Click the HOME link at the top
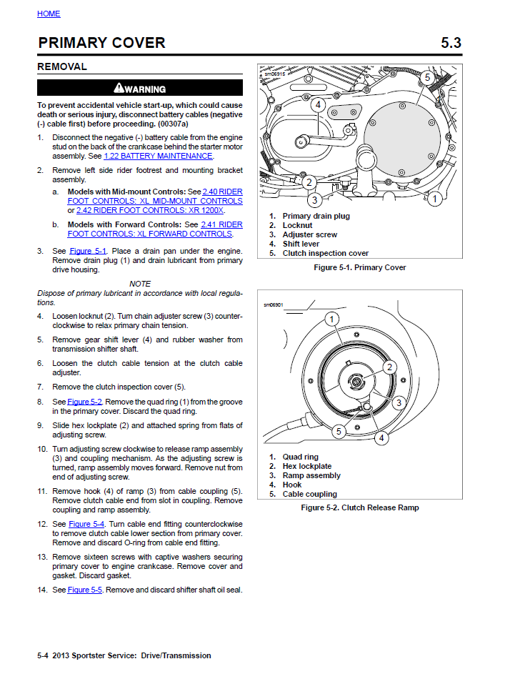[x=49, y=14]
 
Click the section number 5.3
[x=451, y=43]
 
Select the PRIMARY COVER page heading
[x=101, y=43]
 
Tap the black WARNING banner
[x=140, y=89]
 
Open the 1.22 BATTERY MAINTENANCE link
[x=158, y=156]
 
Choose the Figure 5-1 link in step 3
[x=87, y=251]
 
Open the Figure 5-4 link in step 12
[x=87, y=524]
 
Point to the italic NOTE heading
[x=140, y=284]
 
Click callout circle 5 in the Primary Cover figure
[x=426, y=77]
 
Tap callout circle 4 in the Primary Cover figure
[x=318, y=105]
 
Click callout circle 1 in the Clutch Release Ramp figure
[x=332, y=318]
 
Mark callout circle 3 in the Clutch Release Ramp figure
[x=399, y=402]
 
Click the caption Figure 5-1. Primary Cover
[x=359, y=267]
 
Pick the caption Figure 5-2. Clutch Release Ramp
[x=359, y=507]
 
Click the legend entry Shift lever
[x=301, y=244]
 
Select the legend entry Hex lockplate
[x=307, y=466]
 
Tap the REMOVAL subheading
[x=62, y=66]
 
